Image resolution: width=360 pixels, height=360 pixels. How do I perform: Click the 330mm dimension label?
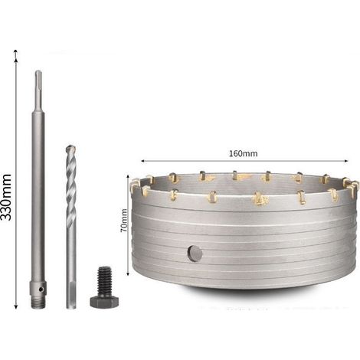(5, 197)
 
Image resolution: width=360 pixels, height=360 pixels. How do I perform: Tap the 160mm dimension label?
(243, 153)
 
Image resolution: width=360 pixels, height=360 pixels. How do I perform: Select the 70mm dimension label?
(124, 220)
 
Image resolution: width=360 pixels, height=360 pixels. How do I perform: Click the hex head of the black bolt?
(104, 302)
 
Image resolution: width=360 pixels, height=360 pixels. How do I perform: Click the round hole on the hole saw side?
(195, 254)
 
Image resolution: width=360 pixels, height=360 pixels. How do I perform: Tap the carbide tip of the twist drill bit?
(70, 149)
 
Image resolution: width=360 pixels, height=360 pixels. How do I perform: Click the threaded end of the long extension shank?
(38, 303)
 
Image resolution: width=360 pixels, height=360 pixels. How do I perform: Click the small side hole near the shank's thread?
(41, 290)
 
